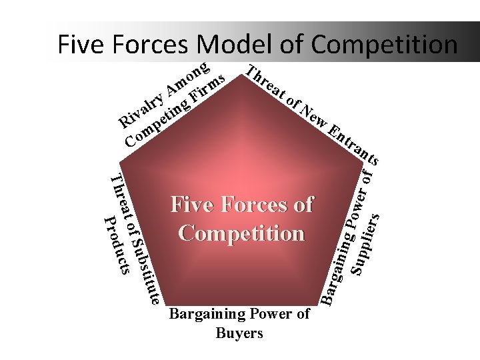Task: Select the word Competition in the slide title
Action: click(383, 44)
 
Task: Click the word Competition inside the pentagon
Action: click(241, 233)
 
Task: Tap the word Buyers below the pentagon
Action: click(239, 333)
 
